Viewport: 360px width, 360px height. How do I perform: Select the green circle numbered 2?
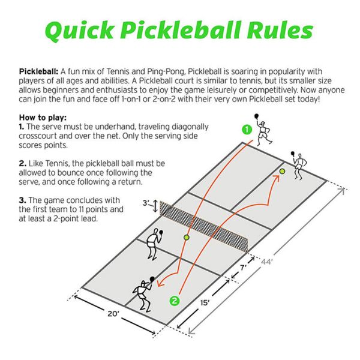pyautogui.click(x=175, y=301)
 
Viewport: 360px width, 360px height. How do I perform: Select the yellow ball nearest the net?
pyautogui.click(x=187, y=238)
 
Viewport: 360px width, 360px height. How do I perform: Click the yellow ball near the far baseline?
pyautogui.click(x=282, y=172)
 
